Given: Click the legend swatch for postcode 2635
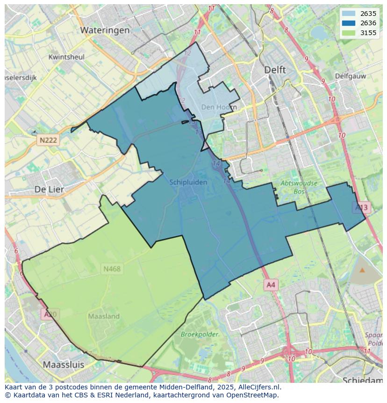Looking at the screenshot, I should click(348, 14).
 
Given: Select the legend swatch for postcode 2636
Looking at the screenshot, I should click(348, 23).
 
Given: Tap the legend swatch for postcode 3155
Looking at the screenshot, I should click(348, 33).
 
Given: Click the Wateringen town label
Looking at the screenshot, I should click(105, 30).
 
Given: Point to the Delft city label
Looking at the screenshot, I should click(275, 70).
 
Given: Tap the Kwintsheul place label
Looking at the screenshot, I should click(66, 57).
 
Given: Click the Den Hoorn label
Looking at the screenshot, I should click(219, 107).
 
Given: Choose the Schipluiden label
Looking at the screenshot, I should click(188, 183).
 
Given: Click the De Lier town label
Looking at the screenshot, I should click(49, 189).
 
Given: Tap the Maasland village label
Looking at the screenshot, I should click(104, 316).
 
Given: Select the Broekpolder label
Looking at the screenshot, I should click(200, 334).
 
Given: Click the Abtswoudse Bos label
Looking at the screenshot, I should click(299, 187).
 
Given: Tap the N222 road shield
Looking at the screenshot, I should click(48, 140).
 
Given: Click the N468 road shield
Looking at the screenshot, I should click(112, 269).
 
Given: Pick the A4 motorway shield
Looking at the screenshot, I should click(271, 285).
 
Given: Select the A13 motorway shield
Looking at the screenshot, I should click(361, 207).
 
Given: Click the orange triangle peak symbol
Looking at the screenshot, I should click(362, 270).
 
